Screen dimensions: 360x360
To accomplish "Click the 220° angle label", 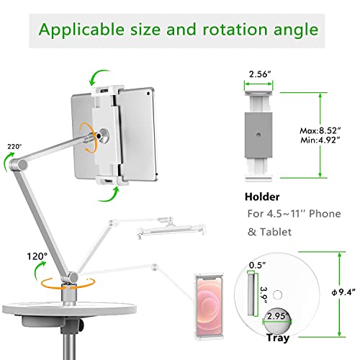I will coord(14,145).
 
